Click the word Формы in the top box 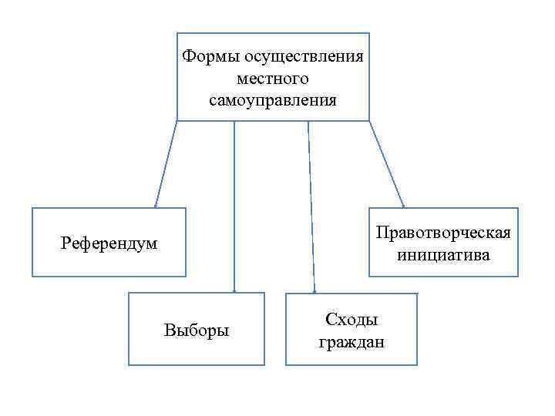click(x=210, y=56)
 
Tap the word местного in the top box click(x=273, y=79)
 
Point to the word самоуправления click(x=273, y=100)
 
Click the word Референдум click(x=109, y=243)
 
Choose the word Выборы click(x=197, y=330)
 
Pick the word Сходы click(x=351, y=320)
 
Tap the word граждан click(x=351, y=341)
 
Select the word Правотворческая click(x=443, y=233)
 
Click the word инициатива click(x=443, y=255)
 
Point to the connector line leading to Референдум click(x=166, y=164)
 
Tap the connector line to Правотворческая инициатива click(x=387, y=164)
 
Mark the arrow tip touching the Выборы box click(x=234, y=291)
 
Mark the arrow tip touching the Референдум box click(x=156, y=206)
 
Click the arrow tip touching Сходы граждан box click(x=314, y=291)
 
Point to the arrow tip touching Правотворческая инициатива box click(x=404, y=206)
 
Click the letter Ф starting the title click(x=187, y=56)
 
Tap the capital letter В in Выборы click(x=169, y=330)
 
